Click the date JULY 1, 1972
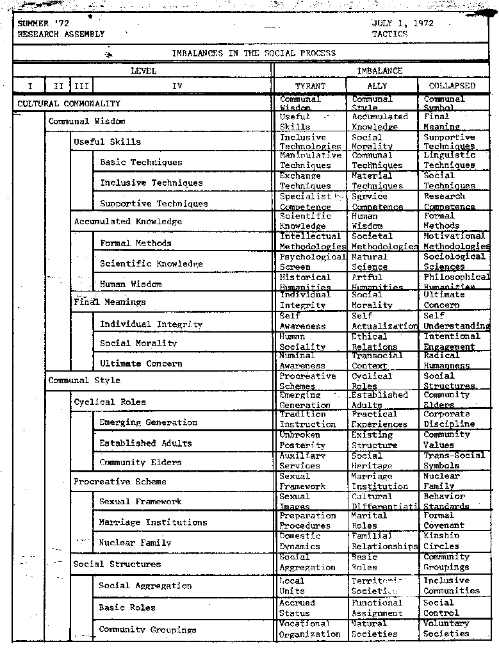pyautogui.click(x=402, y=23)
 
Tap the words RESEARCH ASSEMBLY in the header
pyautogui.click(x=61, y=34)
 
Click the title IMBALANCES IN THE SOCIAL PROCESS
pyautogui.click(x=254, y=54)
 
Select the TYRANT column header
pyautogui.click(x=310, y=86)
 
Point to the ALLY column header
pyautogui.click(x=377, y=86)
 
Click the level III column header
pyautogui.click(x=81, y=86)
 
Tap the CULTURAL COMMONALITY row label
pyautogui.click(x=69, y=104)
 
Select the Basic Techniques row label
pyautogui.click(x=141, y=163)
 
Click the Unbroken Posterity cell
pyautogui.click(x=302, y=440)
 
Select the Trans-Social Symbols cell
pyautogui.click(x=454, y=461)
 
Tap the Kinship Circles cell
pyautogui.click(x=441, y=541)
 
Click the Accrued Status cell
pyautogui.click(x=297, y=608)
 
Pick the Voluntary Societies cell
pyautogui.click(x=446, y=629)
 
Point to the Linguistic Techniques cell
pyautogui.click(x=450, y=160)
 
